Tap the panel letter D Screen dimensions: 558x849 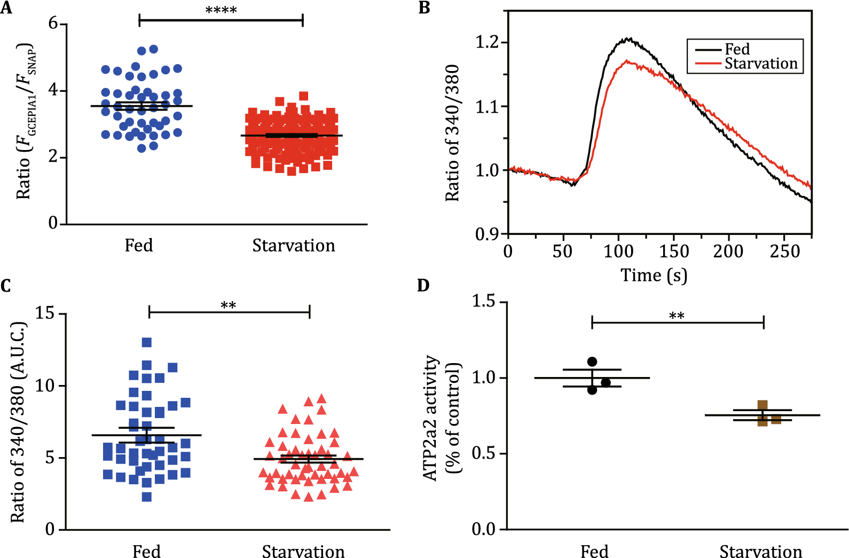point(423,286)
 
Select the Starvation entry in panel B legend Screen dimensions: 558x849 point(760,64)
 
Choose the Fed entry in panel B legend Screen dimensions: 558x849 point(737,49)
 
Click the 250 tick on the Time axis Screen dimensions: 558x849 point(784,251)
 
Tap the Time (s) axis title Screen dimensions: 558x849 point(654,276)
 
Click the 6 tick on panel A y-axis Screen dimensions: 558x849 point(53,23)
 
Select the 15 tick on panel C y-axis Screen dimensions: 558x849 point(45,313)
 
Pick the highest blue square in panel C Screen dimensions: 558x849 point(147,342)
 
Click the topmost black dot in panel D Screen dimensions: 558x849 point(592,361)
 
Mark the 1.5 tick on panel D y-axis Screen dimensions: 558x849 point(483,302)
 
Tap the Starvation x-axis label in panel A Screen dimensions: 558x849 point(294,246)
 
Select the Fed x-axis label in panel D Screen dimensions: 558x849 point(594,551)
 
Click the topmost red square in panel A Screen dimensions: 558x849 point(303,96)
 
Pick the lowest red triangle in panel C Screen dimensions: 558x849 point(309,497)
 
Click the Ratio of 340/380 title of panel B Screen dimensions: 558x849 point(452,133)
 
